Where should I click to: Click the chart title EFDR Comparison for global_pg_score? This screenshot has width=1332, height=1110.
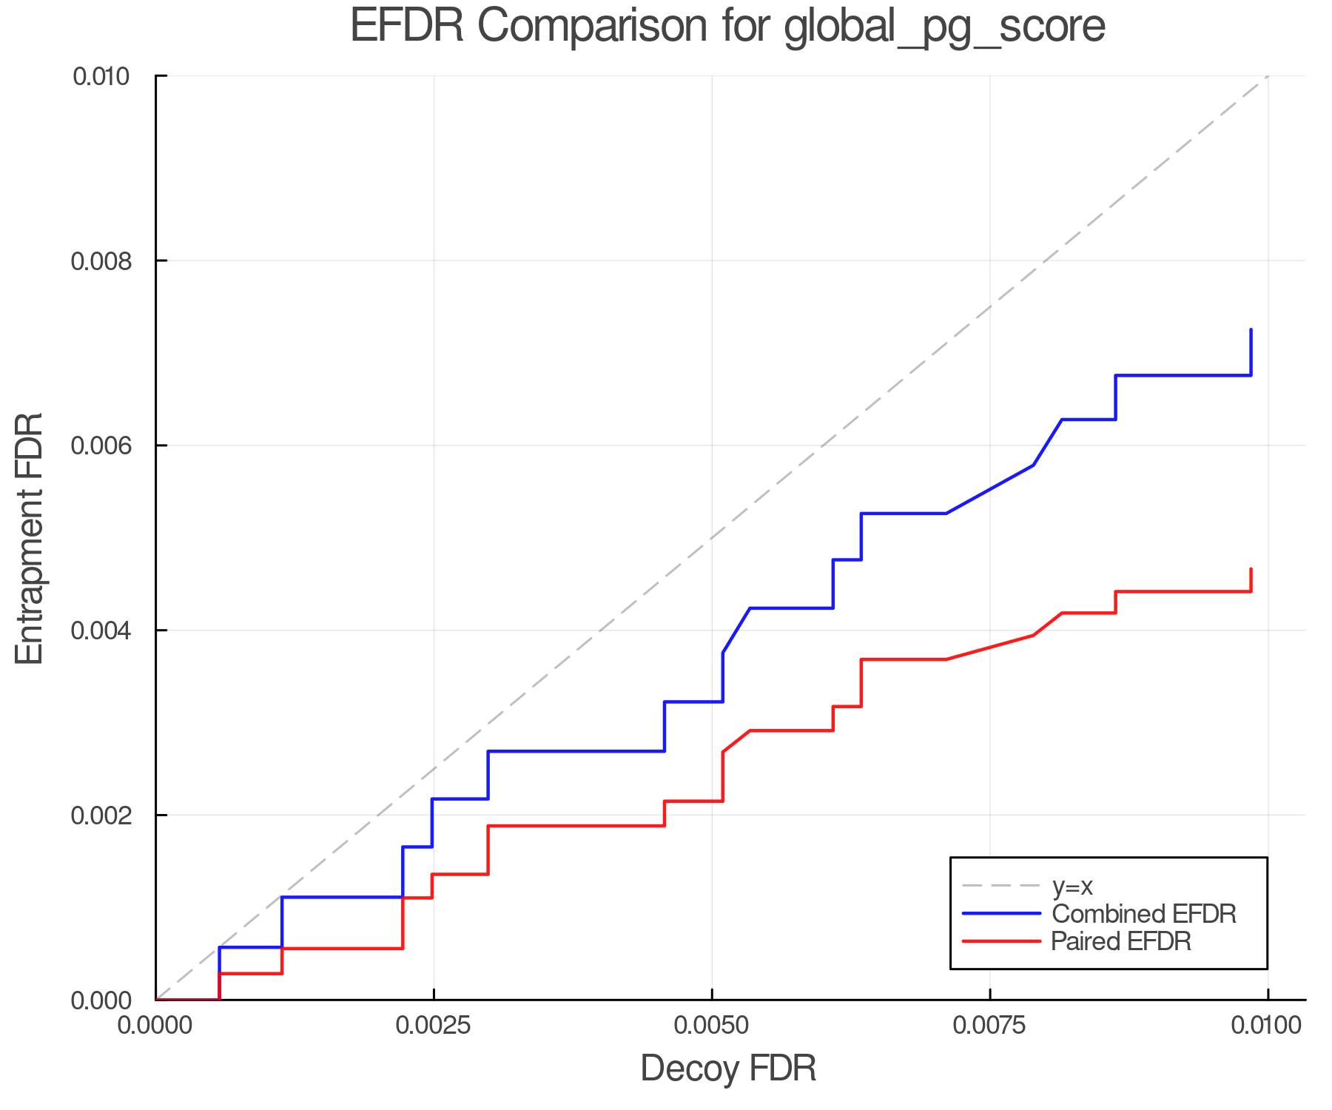[x=727, y=27]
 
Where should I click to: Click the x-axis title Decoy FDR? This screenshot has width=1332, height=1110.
[x=728, y=1068]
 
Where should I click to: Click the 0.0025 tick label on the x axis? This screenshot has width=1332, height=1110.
[x=433, y=1026]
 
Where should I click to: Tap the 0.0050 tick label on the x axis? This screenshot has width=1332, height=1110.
[x=712, y=1026]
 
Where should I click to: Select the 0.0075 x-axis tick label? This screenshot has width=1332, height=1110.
[x=989, y=1026]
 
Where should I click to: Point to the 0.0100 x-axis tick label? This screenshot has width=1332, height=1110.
[x=1267, y=1026]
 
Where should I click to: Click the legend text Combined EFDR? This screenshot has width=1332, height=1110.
[x=1144, y=914]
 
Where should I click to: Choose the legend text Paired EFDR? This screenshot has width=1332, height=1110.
[x=1122, y=941]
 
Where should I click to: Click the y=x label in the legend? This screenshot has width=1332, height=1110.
[x=1072, y=886]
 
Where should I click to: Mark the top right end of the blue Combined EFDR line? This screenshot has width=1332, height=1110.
[x=1251, y=330]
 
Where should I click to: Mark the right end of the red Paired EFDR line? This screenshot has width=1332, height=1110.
[x=1251, y=569]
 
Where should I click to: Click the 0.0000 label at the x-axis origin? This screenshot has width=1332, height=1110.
[x=155, y=1026]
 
